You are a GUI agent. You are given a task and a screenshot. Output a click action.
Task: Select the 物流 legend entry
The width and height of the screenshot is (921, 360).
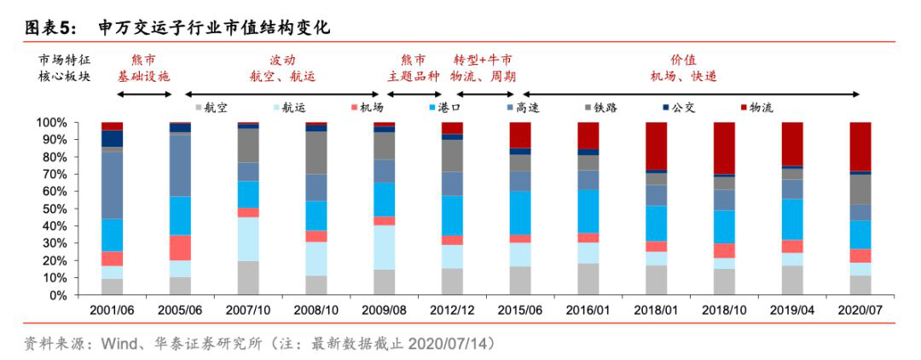(x=758, y=107)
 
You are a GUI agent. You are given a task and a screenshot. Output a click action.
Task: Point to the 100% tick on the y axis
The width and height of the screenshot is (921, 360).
(x=50, y=123)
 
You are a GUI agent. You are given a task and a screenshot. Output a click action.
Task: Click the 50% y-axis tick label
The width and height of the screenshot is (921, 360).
(x=53, y=209)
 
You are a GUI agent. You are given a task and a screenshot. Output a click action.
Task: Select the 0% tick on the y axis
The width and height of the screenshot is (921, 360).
(x=57, y=295)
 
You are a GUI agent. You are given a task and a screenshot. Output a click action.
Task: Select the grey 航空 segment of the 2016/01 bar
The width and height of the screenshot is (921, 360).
(x=588, y=279)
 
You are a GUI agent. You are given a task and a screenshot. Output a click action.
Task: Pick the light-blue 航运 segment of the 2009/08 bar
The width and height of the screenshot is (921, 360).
(x=384, y=247)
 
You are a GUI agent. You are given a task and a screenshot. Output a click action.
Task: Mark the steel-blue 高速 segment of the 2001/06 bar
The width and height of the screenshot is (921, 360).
(x=112, y=185)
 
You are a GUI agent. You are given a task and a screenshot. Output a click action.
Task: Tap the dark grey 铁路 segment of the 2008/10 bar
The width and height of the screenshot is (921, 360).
(x=316, y=153)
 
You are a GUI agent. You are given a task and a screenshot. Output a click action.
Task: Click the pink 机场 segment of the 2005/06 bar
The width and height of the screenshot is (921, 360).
(x=180, y=247)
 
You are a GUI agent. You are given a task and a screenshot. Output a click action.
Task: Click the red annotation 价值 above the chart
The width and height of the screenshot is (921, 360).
(x=683, y=60)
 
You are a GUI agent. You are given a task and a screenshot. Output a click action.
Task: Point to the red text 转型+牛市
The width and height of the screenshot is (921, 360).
(x=483, y=60)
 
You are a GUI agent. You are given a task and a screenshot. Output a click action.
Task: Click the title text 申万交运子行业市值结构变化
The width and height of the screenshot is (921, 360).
(x=213, y=27)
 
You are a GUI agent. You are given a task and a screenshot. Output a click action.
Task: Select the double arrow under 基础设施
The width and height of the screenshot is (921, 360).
(x=144, y=93)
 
